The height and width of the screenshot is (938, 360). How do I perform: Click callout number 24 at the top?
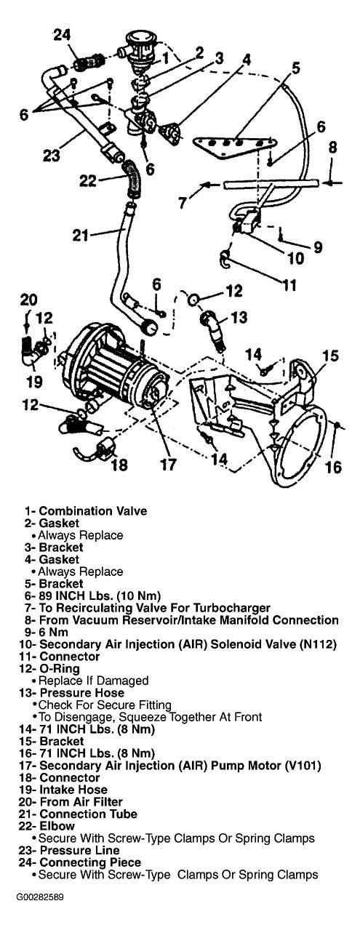[x=62, y=36]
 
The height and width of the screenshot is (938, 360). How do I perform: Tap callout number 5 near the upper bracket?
[x=295, y=68]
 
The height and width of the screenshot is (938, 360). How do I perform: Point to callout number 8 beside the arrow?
[x=332, y=148]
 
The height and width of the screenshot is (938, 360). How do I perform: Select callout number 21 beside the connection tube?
[x=81, y=236]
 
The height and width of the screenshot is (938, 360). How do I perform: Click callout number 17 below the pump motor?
[x=168, y=464]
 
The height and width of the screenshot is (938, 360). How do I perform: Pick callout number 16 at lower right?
[x=333, y=467]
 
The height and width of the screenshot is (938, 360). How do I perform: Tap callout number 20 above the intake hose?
[x=29, y=300]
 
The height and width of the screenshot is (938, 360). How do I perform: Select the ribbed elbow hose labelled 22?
[x=132, y=178]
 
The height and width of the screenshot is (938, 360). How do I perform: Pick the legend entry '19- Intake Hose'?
[x=63, y=790]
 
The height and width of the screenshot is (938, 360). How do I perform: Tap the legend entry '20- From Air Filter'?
[x=71, y=802]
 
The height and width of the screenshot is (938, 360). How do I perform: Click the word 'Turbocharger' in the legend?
[x=235, y=608]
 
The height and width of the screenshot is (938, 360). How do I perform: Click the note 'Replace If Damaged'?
[x=93, y=681]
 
